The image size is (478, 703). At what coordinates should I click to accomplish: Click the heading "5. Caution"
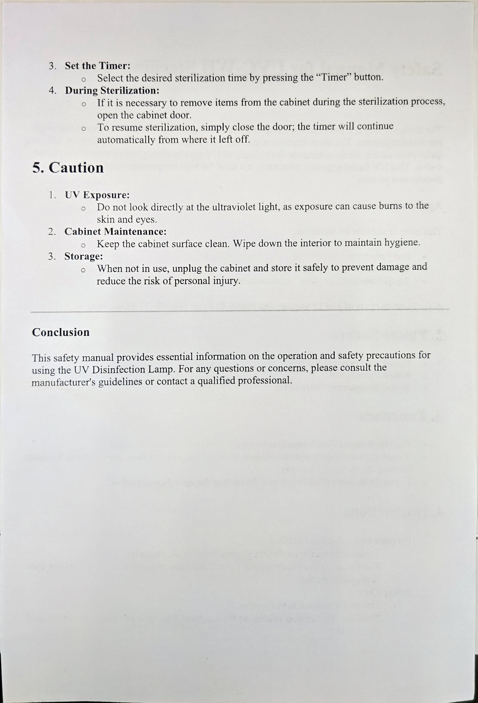(68, 168)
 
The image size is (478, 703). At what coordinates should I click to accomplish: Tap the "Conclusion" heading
(61, 332)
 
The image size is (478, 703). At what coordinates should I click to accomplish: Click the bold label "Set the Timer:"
(98, 66)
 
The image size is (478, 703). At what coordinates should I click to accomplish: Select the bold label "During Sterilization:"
(112, 90)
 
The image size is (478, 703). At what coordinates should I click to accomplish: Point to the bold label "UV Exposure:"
(97, 195)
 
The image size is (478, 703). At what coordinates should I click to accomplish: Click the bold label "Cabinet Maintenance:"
(115, 232)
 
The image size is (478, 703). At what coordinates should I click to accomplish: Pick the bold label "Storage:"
(84, 256)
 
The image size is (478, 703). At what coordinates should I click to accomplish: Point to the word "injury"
(224, 281)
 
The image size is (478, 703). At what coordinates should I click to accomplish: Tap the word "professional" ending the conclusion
(260, 380)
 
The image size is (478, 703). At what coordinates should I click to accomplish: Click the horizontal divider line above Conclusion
(240, 310)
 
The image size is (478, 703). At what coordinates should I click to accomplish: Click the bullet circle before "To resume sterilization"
(84, 129)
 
